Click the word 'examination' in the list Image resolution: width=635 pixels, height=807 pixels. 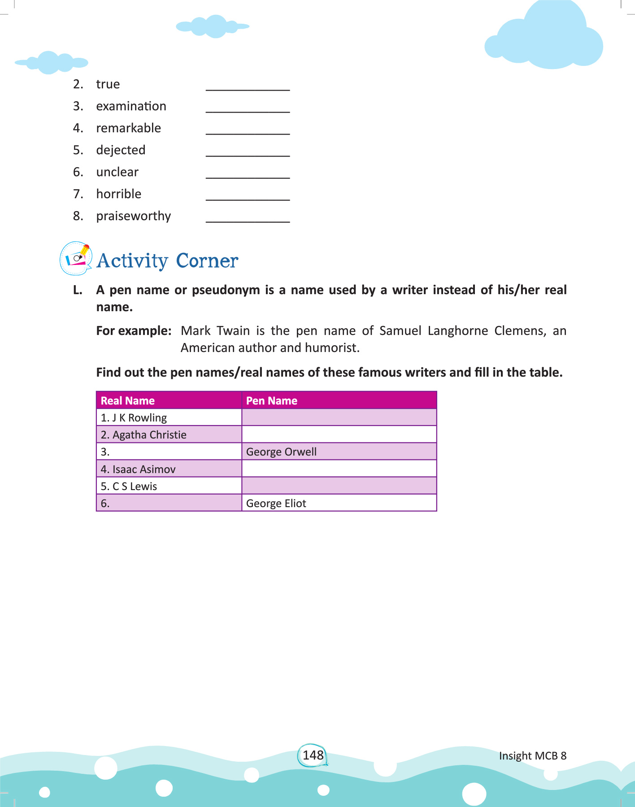click(131, 106)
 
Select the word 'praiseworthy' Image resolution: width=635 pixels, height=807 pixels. click(133, 216)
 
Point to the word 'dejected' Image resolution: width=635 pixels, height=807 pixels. click(121, 150)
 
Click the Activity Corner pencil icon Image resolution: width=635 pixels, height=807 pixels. click(76, 258)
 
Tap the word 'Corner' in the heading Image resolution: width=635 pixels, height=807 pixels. click(207, 261)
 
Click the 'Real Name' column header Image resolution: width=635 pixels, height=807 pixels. click(128, 400)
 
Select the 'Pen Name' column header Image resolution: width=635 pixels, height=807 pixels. click(272, 400)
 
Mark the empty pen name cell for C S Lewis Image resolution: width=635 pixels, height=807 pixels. click(339, 486)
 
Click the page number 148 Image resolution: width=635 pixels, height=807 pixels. click(313, 755)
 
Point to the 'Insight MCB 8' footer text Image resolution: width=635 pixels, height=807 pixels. click(533, 756)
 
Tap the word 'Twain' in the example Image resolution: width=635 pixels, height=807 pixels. click(233, 331)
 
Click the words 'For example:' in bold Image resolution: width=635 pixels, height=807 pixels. click(134, 331)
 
